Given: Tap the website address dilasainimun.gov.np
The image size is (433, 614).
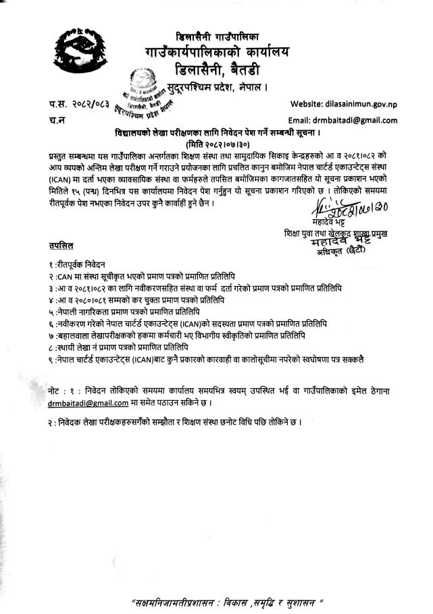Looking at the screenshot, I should coord(363,105).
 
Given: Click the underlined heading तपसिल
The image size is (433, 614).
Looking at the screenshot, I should coord(61,243).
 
